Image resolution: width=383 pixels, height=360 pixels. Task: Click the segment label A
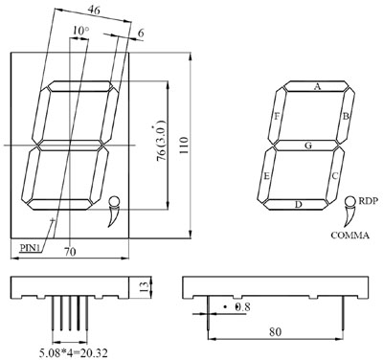[317, 86]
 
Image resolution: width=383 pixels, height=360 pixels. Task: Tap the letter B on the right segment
[346, 116]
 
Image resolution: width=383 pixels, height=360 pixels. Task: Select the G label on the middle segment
[308, 146]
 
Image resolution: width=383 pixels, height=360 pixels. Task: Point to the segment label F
[278, 117]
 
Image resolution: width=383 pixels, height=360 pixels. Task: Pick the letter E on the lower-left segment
[267, 175]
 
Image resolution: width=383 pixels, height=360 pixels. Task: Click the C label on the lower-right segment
[335, 175]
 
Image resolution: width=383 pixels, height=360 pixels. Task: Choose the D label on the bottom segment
[298, 205]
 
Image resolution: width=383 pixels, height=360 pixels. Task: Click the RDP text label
[369, 201]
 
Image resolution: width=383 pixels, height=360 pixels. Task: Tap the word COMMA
[350, 236]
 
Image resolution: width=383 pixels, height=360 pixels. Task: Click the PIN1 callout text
[31, 247]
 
